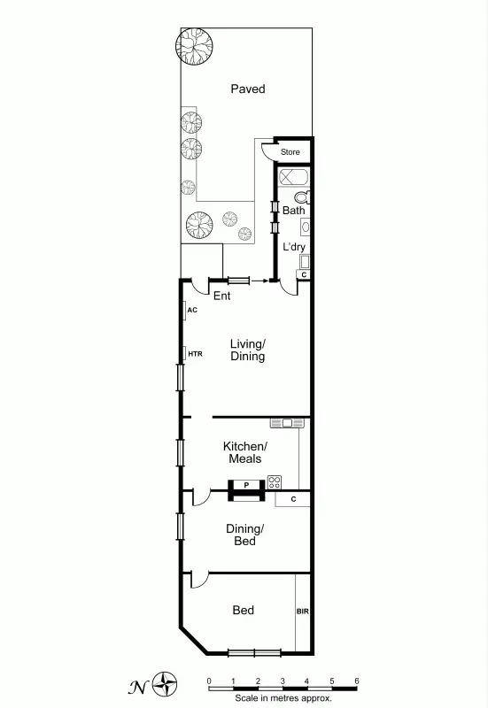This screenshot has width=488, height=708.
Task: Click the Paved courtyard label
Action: point(248,88)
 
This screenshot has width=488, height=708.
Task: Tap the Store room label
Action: point(290,152)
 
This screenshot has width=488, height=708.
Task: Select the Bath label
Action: point(293,211)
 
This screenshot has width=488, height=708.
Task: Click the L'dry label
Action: point(293,247)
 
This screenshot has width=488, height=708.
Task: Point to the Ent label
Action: point(221,296)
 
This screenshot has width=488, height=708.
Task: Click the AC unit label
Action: point(191,311)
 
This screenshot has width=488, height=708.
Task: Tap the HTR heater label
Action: point(195,354)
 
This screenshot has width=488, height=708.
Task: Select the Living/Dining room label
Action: point(248,350)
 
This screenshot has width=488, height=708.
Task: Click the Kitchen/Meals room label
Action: point(244,452)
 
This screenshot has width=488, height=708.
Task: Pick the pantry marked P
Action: point(246,485)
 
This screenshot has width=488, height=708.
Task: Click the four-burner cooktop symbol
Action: point(275,482)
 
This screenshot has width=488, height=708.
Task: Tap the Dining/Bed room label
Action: point(244,535)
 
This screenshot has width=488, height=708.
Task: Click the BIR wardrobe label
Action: point(303,611)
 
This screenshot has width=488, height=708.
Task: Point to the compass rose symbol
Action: point(165,682)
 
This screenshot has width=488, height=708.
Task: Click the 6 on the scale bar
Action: point(357,680)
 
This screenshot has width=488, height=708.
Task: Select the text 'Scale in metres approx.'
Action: point(283,697)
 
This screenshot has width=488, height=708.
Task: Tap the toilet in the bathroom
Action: point(301,196)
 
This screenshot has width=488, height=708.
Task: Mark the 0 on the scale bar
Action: point(209,680)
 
